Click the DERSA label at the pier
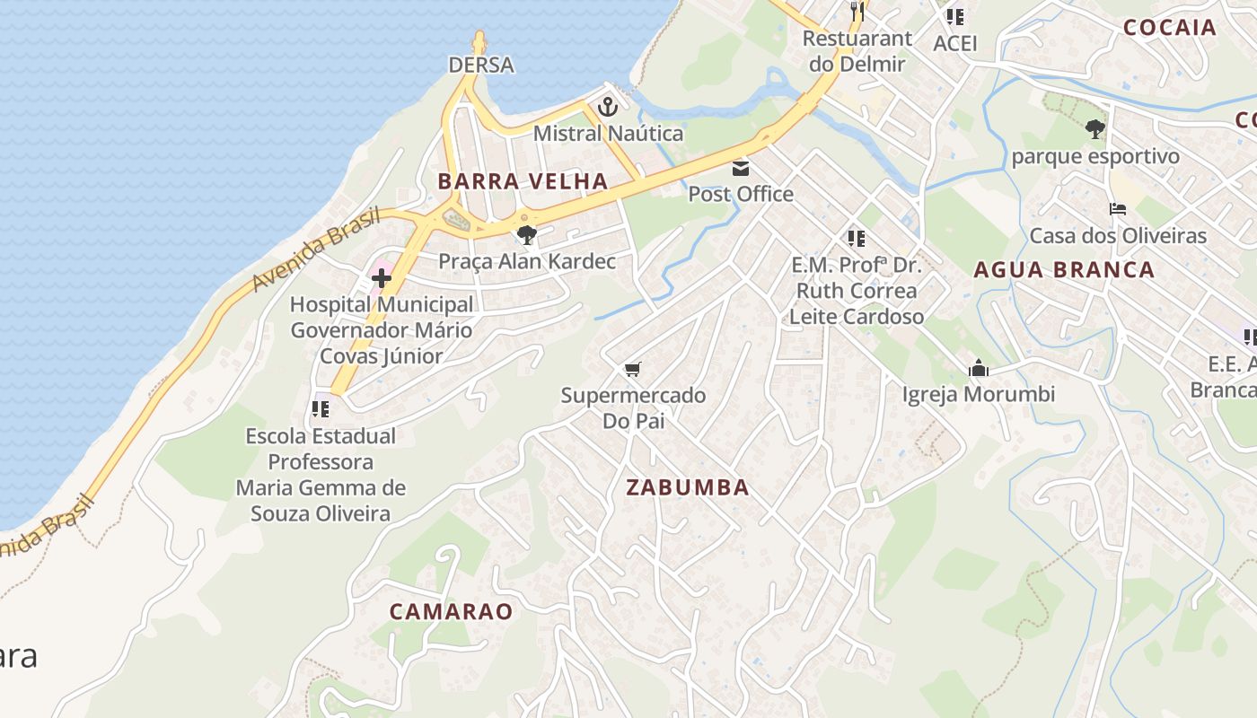tap(481, 65)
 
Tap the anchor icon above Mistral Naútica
tap(608, 108)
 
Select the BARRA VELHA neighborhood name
tap(523, 181)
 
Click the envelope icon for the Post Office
tap(741, 169)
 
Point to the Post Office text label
tap(741, 194)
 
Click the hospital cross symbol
tap(381, 279)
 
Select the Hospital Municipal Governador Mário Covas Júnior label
tap(381, 330)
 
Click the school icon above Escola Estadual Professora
tap(321, 409)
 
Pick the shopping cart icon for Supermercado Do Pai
tap(633, 370)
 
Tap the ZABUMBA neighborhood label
tap(687, 487)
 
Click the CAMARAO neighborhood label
tap(451, 612)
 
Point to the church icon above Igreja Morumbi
tap(978, 369)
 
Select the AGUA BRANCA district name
tap(1064, 269)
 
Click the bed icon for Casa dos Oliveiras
tap(1117, 210)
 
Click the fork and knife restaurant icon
tap(857, 12)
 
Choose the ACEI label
tap(954, 43)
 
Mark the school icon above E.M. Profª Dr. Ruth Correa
tap(856, 239)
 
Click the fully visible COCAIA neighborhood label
tap(1169, 27)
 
